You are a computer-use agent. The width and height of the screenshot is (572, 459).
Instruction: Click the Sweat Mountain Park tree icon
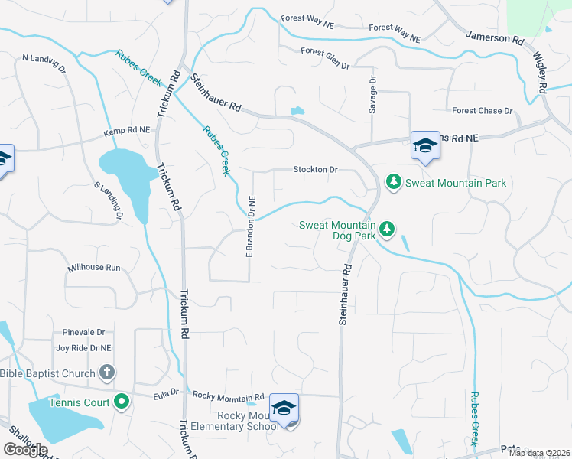coord(394,182)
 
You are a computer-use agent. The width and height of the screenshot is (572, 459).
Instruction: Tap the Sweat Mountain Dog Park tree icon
coord(387,229)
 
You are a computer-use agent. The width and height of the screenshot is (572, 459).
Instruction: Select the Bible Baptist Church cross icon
coord(107,373)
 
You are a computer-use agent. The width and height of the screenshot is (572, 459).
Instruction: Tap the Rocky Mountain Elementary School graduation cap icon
coord(284,409)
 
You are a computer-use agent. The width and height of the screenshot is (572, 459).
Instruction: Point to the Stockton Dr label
coord(315,170)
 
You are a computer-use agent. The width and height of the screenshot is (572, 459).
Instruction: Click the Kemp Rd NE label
coord(127,132)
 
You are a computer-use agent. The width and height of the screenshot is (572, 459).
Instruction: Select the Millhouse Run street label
coord(94,268)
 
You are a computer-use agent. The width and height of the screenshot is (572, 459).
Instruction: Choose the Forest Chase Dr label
coord(483,111)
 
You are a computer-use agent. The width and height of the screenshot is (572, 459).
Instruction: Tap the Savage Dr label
coord(373,95)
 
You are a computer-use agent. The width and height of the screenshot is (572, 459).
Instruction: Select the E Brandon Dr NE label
coord(249,226)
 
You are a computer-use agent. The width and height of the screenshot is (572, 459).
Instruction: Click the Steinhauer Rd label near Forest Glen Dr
coord(216,94)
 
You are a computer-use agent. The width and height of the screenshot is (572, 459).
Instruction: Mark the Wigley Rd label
coord(540,73)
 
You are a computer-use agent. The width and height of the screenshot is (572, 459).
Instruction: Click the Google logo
coord(26,450)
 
